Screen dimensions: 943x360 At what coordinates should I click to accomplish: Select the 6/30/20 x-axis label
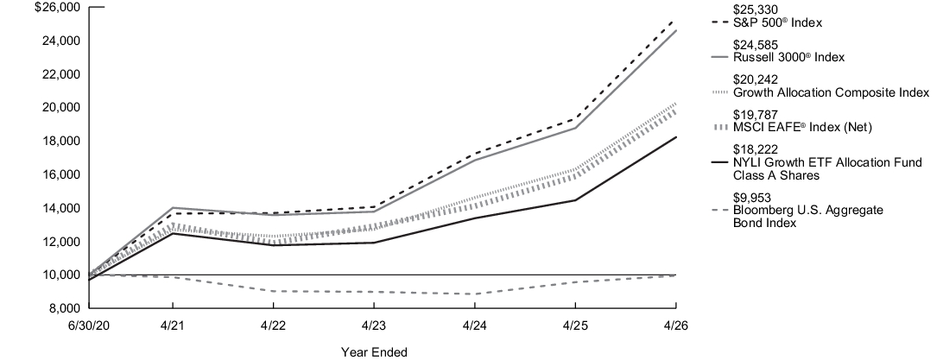(x=89, y=325)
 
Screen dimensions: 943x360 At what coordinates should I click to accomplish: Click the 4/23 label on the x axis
(x=373, y=325)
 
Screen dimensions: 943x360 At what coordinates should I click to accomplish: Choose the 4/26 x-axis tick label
(x=676, y=325)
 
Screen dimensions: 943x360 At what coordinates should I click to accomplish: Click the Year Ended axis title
(x=374, y=352)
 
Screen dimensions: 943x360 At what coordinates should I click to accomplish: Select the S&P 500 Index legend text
(x=777, y=22)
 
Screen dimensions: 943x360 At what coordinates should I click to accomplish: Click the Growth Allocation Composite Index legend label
(x=831, y=92)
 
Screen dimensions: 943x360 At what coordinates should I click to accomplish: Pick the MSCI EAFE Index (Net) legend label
(x=802, y=128)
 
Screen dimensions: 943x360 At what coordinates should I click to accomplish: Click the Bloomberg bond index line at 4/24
(x=474, y=294)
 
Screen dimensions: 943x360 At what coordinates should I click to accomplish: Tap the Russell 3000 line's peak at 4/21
(x=174, y=207)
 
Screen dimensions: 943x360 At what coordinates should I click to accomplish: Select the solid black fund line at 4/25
(x=575, y=200)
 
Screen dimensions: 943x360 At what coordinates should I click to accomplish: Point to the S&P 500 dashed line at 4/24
(x=474, y=154)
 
